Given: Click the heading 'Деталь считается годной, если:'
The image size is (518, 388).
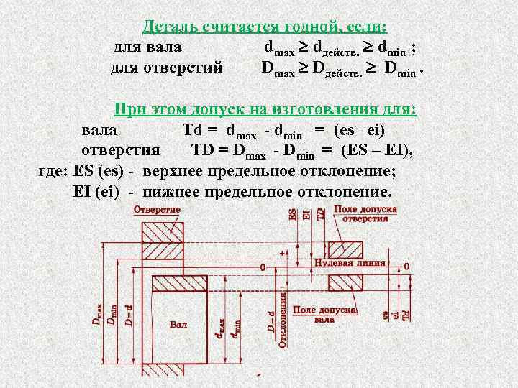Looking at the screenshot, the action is [x=265, y=27].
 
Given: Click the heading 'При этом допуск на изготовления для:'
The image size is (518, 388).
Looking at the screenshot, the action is [x=265, y=110].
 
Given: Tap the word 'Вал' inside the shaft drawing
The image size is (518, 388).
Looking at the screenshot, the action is [x=178, y=325].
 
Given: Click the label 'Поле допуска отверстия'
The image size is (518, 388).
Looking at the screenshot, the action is [x=365, y=213].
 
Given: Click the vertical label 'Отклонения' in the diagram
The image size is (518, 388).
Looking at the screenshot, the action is [x=283, y=319].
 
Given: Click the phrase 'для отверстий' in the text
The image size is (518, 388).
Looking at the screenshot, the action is [x=166, y=69].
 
